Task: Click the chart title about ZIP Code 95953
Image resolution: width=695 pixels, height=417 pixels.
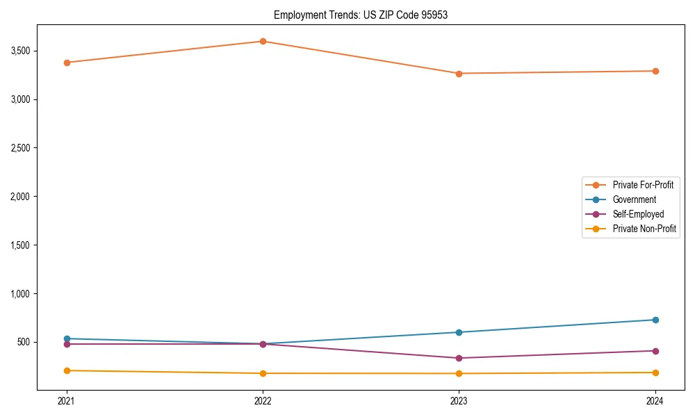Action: [361, 15]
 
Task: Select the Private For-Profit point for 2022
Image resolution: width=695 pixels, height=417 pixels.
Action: [263, 41]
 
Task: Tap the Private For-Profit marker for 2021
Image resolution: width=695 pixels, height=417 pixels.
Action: [67, 63]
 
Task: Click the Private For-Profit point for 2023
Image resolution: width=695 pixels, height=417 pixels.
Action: [459, 74]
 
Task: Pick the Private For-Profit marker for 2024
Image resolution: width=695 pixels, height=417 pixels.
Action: [655, 71]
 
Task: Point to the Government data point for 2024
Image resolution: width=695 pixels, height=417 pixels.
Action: [655, 320]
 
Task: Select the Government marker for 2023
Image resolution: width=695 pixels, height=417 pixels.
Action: [459, 332]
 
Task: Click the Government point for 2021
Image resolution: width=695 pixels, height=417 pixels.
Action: [67, 338]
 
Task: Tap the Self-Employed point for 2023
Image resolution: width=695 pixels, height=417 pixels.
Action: [459, 358]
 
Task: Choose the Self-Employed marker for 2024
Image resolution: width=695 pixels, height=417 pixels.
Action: [655, 351]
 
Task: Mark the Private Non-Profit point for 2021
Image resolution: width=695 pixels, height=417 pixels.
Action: [67, 370]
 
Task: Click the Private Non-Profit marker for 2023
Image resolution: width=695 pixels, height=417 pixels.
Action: [459, 374]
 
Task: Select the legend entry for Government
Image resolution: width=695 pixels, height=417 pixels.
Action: [634, 199]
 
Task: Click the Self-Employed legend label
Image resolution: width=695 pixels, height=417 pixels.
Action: [638, 214]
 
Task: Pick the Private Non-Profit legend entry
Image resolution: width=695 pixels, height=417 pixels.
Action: [644, 229]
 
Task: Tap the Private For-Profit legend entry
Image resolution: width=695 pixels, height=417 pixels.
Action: [643, 185]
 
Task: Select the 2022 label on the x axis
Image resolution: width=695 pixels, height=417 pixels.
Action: [263, 400]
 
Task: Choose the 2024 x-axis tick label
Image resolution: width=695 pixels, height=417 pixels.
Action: [655, 400]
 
